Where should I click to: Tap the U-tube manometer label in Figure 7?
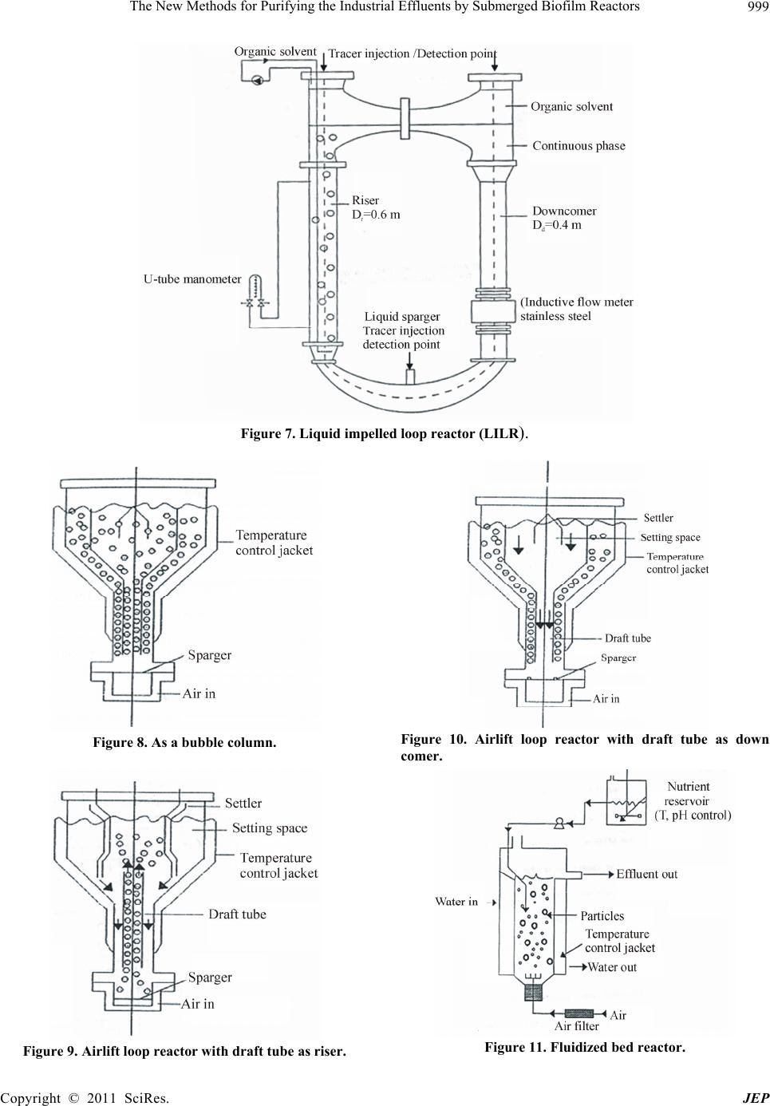(192, 279)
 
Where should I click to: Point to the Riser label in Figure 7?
(365, 200)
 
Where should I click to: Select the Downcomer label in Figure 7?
(564, 211)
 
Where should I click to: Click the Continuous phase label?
(578, 146)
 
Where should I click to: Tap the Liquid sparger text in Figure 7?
(402, 317)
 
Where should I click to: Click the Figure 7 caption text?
(385, 434)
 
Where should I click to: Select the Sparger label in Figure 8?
(209, 655)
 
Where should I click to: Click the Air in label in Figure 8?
(199, 693)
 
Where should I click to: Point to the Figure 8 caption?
(184, 743)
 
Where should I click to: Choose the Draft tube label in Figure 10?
(627, 638)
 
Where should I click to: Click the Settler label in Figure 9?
(243, 804)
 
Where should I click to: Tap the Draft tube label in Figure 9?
(237, 914)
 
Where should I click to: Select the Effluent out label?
(646, 875)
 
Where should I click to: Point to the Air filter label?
(576, 1026)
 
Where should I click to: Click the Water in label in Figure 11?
(456, 902)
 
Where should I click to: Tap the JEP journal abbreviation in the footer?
(755, 1098)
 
